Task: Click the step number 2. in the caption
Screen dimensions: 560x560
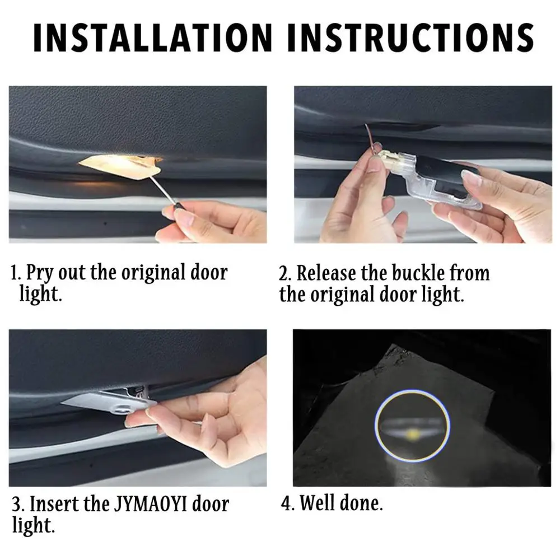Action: [286, 274]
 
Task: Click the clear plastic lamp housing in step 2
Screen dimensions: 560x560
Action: [442, 179]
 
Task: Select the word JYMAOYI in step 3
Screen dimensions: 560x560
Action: [146, 504]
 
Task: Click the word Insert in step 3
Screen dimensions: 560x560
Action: [54, 504]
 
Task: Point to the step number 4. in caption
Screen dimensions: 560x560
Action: [287, 503]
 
